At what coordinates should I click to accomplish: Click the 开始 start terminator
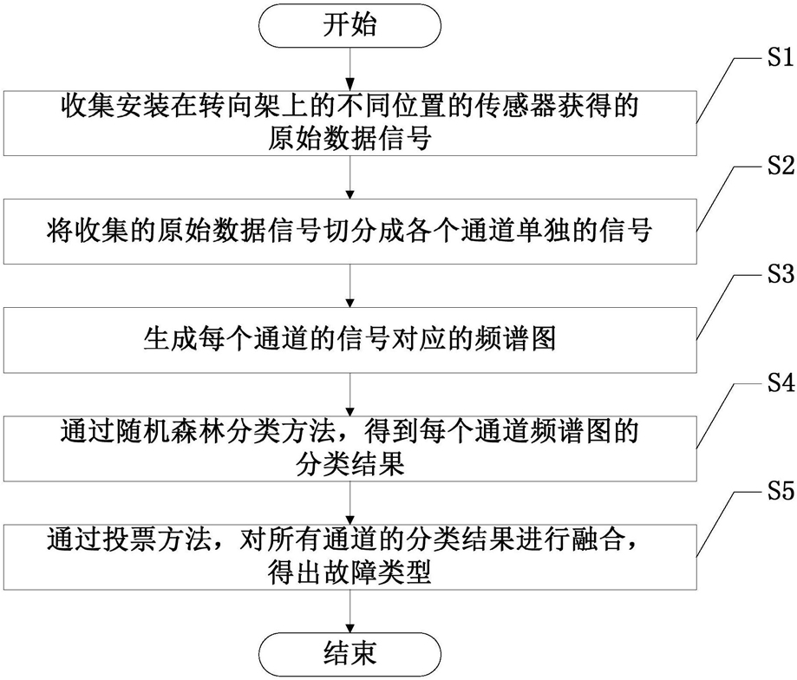click(350, 25)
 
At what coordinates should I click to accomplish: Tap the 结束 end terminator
click(350, 655)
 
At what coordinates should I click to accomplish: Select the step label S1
click(781, 57)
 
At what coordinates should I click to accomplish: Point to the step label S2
click(781, 166)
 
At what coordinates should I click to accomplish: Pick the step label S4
click(781, 383)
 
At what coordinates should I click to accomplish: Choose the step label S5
click(781, 492)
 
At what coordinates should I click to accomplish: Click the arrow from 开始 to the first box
click(350, 69)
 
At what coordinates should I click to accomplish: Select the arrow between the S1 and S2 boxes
click(350, 177)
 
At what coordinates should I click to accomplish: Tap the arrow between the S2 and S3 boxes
click(350, 285)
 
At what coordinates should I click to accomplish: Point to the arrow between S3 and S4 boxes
click(350, 395)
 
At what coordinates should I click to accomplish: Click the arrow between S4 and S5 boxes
click(350, 503)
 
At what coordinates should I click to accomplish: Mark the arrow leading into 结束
click(350, 611)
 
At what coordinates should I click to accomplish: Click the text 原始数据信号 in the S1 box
click(350, 137)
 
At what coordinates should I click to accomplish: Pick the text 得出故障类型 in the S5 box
click(350, 572)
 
